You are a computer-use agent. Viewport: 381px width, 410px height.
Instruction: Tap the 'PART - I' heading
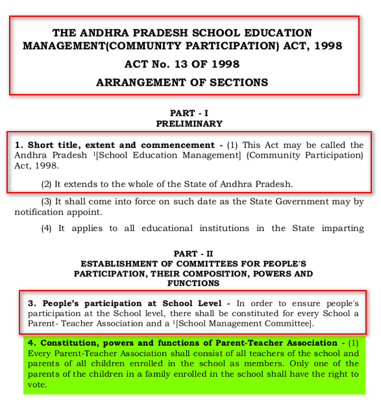pyautogui.click(x=189, y=113)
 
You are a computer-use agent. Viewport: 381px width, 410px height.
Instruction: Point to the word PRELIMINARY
pyautogui.click(x=189, y=123)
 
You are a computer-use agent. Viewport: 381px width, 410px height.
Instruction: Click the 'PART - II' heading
pyautogui.click(x=189, y=254)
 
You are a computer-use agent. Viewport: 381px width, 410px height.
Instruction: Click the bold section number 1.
pyautogui.click(x=19, y=145)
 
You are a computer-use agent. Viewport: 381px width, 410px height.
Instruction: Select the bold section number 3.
pyautogui.click(x=30, y=303)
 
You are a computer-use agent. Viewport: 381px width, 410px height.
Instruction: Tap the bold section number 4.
pyautogui.click(x=30, y=343)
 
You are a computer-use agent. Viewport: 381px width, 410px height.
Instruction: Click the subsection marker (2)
pyautogui.click(x=47, y=184)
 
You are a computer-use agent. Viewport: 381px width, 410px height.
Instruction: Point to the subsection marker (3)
pyautogui.click(x=47, y=202)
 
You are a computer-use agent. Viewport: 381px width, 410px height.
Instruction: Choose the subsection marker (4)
pyautogui.click(x=47, y=228)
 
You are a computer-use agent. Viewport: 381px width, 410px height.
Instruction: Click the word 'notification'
pyautogui.click(x=40, y=212)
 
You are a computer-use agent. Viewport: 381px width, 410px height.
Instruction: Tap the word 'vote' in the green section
pyautogui.click(x=37, y=384)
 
